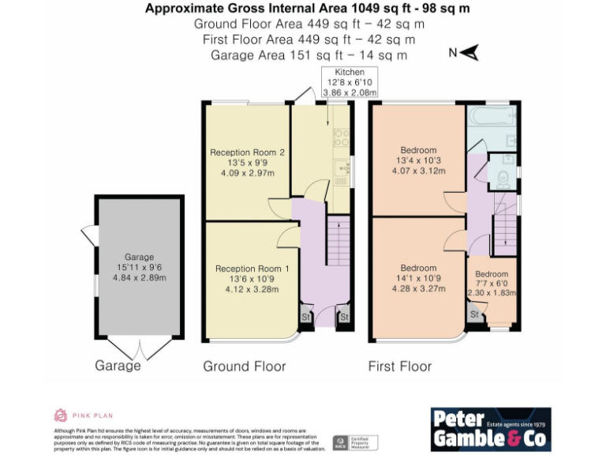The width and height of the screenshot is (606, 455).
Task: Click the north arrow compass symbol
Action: (x=469, y=54)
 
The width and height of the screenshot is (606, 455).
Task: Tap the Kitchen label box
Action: (x=350, y=82)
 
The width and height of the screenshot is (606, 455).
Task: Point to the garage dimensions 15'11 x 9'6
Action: (x=139, y=268)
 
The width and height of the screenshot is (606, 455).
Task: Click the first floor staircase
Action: (x=505, y=221)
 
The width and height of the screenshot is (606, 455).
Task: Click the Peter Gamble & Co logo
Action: (x=491, y=429)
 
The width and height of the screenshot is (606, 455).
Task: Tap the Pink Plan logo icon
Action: (x=61, y=415)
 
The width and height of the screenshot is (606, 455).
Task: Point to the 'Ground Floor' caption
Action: (x=245, y=367)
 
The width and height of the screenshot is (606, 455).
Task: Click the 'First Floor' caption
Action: (x=400, y=367)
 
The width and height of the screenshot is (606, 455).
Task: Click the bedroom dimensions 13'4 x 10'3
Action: (x=418, y=161)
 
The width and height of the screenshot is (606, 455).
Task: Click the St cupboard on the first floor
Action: (x=474, y=314)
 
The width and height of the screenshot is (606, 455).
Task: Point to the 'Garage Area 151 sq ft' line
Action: (x=309, y=55)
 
